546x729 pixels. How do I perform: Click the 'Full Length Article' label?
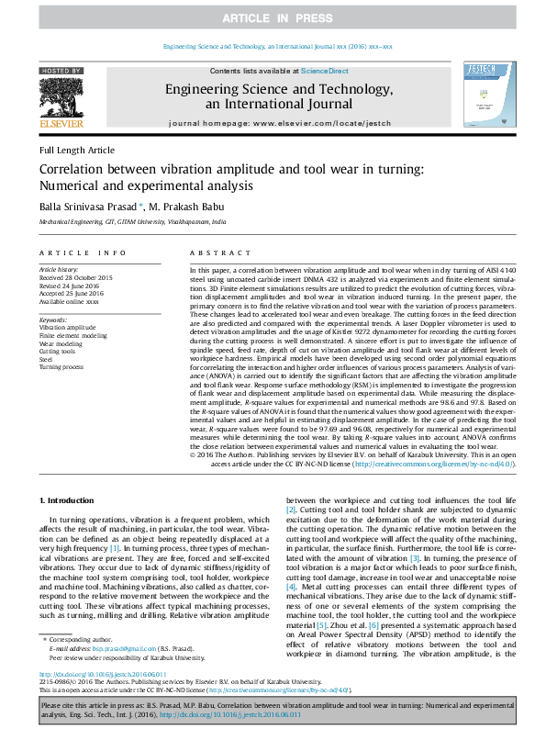(77, 150)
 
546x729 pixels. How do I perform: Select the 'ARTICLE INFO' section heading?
(81, 252)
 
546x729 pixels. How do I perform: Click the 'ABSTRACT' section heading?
(214, 252)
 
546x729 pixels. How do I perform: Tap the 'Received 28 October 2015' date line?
(76, 277)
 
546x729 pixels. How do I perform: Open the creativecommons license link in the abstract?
(434, 465)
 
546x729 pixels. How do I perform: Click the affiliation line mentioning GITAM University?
(131, 222)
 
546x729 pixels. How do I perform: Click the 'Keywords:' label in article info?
(54, 320)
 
